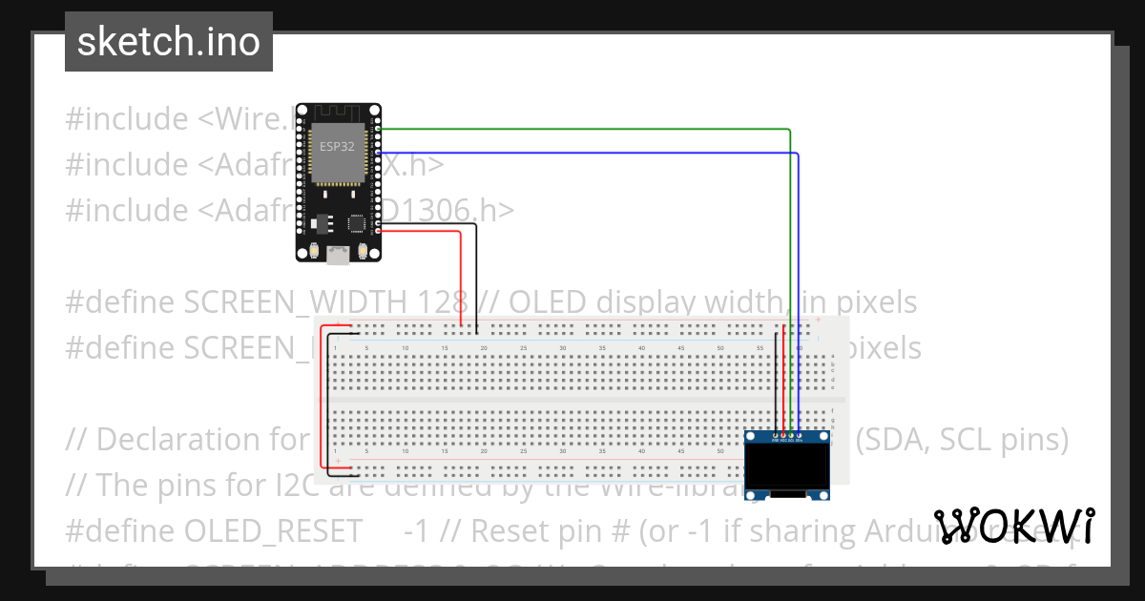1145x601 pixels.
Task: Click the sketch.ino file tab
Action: tap(168, 42)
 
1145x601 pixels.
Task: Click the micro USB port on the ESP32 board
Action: tap(337, 254)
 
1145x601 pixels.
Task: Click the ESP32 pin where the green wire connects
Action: tap(379, 129)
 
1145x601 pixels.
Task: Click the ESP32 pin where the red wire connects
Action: tap(379, 231)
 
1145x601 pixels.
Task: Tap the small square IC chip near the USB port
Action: tap(357, 222)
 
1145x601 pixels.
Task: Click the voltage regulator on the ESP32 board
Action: tap(318, 222)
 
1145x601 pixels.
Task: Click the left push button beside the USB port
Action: tap(312, 252)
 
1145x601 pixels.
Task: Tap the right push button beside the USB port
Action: tap(363, 252)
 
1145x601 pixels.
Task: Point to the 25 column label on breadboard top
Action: tap(524, 348)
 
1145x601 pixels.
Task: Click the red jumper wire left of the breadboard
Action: tap(323, 401)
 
